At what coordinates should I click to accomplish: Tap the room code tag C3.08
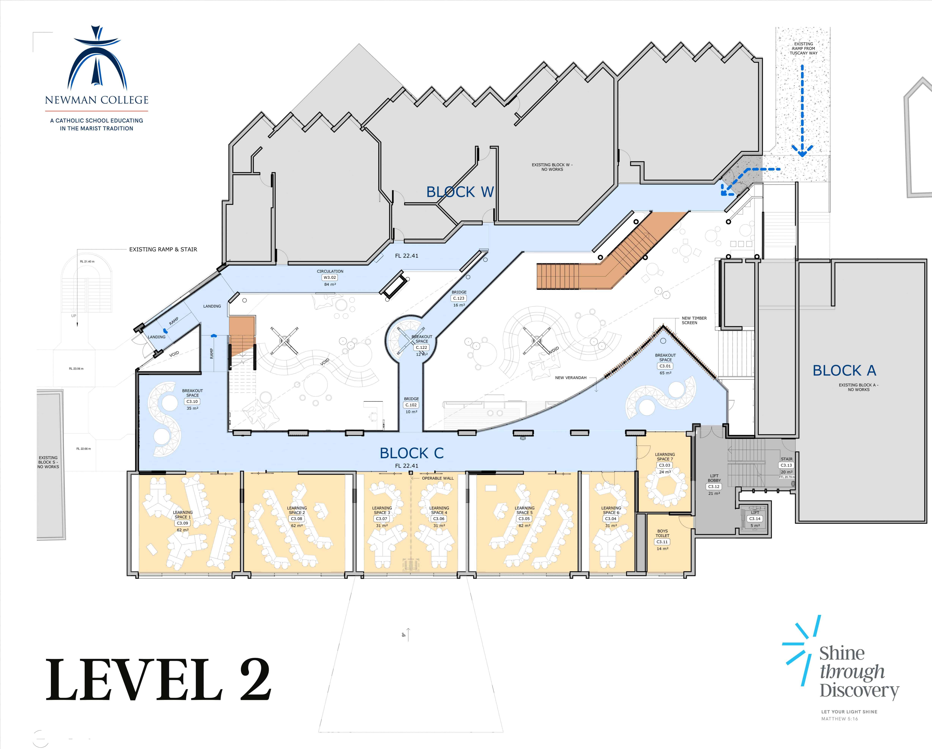[297, 519]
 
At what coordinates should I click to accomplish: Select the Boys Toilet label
[662, 533]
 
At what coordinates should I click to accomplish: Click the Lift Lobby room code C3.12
[714, 487]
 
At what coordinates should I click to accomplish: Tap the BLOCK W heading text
[460, 192]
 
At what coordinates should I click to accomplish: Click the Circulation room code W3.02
[330, 277]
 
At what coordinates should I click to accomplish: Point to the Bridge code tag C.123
[459, 298]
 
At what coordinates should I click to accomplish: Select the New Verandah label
[571, 378]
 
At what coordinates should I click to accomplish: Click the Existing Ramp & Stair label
[163, 249]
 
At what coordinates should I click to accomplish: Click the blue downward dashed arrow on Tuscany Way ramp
[802, 110]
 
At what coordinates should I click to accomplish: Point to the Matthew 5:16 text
[840, 719]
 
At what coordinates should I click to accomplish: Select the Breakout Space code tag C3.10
[192, 402]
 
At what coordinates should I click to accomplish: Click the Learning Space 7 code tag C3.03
[664, 465]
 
